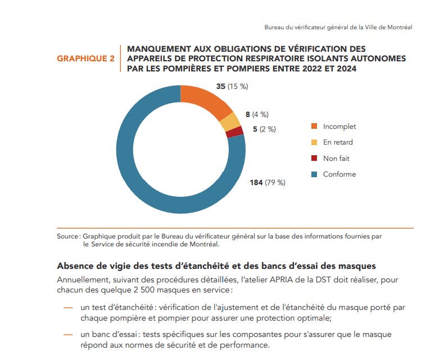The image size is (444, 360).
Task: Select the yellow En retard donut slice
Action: pos(230,121)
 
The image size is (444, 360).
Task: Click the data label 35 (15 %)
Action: pos(232,87)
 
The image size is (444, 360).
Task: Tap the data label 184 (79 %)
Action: pos(268,182)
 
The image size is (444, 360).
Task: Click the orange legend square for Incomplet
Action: pos(314,127)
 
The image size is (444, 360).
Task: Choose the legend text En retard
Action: pos(338,142)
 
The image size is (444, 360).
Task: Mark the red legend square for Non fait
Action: pos(314,159)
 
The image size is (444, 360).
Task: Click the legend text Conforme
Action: pos(339,174)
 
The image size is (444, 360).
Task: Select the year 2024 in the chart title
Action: pos(346,69)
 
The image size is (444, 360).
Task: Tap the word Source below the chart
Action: pos(67,237)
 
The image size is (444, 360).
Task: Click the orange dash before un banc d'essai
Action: pos(68,335)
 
